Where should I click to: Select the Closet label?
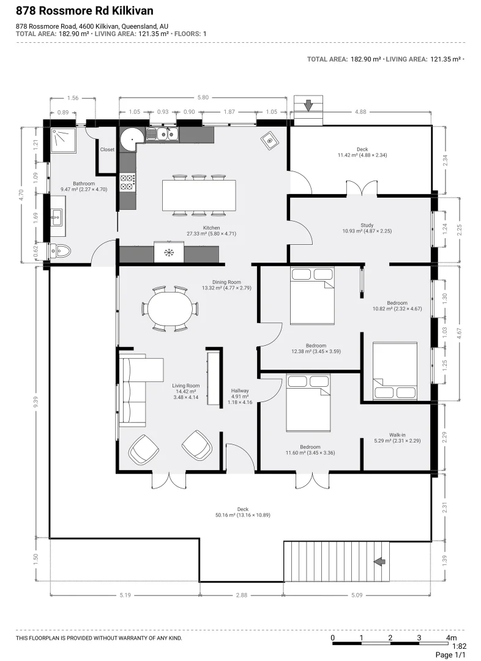(107, 150)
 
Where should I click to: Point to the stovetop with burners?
(127, 182)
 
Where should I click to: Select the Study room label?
(367, 225)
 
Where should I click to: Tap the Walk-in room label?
(397, 435)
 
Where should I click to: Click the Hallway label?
(240, 390)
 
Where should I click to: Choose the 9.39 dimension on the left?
(36, 401)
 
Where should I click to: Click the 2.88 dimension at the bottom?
(242, 596)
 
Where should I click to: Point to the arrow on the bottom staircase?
(380, 561)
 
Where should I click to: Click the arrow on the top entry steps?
(308, 105)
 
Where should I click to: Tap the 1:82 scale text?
(459, 646)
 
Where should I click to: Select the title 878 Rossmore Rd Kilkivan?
(84, 11)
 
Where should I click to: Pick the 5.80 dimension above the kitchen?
(203, 97)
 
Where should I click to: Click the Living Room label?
(186, 386)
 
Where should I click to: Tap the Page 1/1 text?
(450, 655)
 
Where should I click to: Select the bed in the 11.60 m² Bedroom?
(308, 403)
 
